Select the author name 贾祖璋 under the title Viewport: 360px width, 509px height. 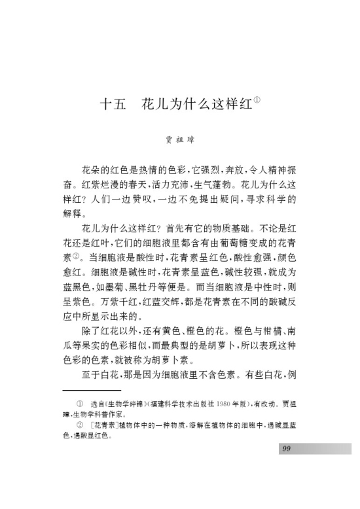pyautogui.click(x=179, y=139)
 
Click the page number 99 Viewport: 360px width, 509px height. pyautogui.click(x=286, y=448)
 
